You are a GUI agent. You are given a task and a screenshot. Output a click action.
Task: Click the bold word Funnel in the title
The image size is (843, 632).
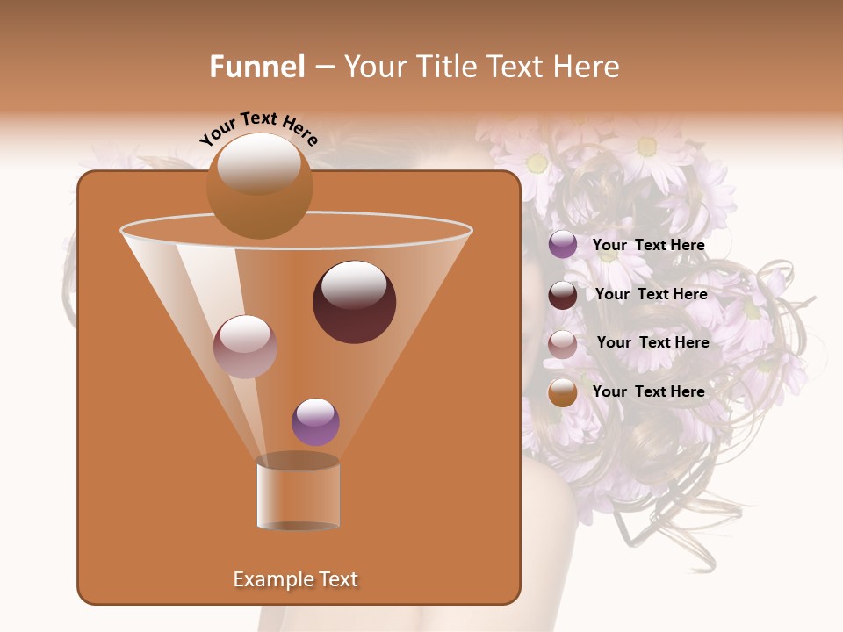click(257, 67)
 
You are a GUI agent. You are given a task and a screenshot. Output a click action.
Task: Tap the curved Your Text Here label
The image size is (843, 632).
click(259, 128)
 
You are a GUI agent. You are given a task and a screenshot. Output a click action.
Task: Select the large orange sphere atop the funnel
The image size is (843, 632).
click(259, 186)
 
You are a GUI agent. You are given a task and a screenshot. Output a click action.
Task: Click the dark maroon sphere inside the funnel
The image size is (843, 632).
click(355, 303)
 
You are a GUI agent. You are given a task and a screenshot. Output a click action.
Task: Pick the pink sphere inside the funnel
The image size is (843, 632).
click(245, 347)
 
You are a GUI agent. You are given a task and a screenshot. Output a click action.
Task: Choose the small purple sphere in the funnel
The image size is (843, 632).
click(315, 422)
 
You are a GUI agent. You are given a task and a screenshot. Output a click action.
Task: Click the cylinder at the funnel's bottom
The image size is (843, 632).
click(298, 493)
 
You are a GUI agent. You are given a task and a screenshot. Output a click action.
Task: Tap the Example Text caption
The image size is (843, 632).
click(295, 579)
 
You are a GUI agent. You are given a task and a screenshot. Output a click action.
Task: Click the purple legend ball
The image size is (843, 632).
click(563, 245)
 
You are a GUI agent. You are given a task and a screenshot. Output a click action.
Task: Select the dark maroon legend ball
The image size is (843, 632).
click(563, 295)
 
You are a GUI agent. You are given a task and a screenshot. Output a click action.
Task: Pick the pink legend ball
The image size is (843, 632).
click(563, 344)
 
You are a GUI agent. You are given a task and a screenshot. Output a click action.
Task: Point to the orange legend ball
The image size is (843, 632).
click(563, 392)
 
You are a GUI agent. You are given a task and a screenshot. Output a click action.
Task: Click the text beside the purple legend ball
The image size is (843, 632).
click(648, 246)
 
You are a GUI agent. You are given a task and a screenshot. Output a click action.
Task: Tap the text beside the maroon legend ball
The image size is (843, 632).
click(651, 295)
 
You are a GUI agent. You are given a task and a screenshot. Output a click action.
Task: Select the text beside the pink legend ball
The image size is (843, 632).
click(652, 343)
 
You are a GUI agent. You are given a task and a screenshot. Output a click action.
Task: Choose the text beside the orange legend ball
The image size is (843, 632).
click(648, 391)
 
